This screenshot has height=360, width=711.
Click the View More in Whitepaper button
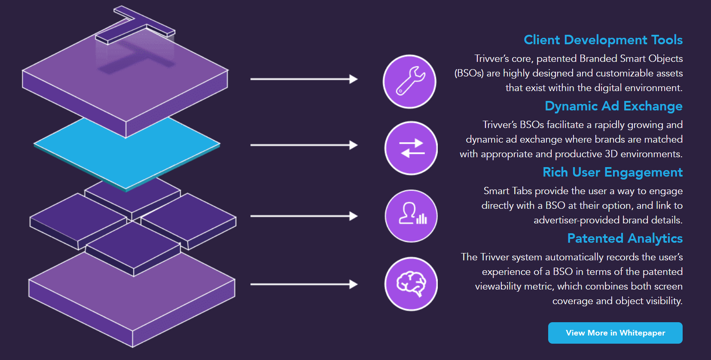[x=615, y=333]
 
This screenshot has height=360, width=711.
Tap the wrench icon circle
[x=409, y=82]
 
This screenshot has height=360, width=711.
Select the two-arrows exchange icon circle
[x=411, y=148]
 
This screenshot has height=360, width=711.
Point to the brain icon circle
[x=411, y=284]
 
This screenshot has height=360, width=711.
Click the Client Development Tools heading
[x=603, y=40]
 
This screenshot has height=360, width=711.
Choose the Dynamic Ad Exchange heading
[x=613, y=106]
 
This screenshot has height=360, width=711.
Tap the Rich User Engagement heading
[x=613, y=172]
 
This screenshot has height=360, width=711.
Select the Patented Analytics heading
[x=625, y=238]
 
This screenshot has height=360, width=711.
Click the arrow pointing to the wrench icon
[x=304, y=79]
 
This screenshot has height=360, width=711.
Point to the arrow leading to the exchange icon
[x=304, y=145]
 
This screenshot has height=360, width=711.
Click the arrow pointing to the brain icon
[x=304, y=284]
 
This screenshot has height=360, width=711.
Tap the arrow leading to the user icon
[x=304, y=216]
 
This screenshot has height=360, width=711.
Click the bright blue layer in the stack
[x=127, y=153]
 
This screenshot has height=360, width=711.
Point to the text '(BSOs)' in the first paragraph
[x=469, y=73]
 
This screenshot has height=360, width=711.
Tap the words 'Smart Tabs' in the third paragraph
[x=507, y=191]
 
